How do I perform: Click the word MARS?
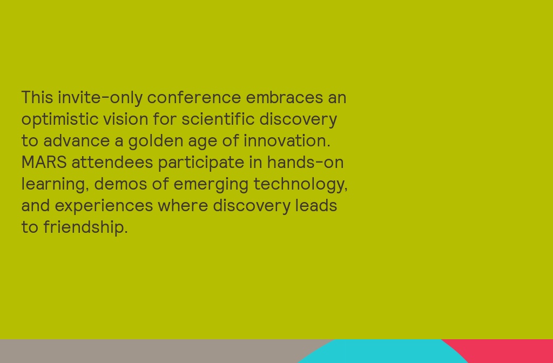point(44,162)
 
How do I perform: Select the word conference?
point(194,98)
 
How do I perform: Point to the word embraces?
point(284,98)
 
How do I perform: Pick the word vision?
point(125,119)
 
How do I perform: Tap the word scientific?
point(218,119)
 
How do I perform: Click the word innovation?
point(286,140)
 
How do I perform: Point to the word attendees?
point(112,162)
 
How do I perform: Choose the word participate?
point(201,163)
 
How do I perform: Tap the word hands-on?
point(305,162)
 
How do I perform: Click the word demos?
point(120,184)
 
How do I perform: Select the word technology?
point(300,184)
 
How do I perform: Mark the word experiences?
point(104,206)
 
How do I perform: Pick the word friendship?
point(85,227)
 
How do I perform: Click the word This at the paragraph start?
point(37,98)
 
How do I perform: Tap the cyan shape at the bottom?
point(383,352)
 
